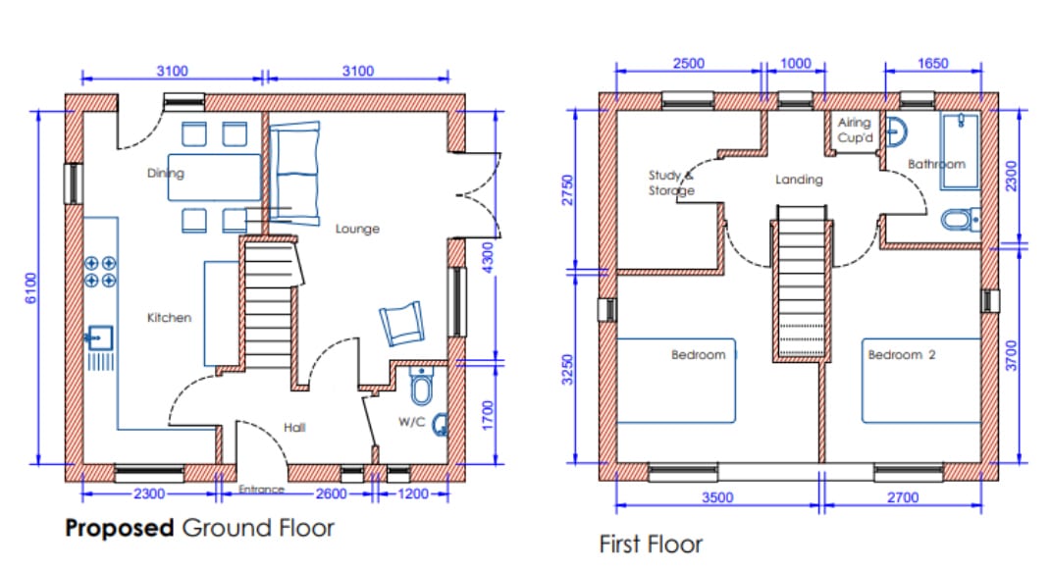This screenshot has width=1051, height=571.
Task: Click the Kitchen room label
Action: (x=169, y=318)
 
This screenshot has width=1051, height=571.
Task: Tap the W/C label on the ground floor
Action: (x=411, y=422)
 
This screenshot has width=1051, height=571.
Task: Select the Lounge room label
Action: (x=357, y=229)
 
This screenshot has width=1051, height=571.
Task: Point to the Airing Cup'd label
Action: (x=855, y=130)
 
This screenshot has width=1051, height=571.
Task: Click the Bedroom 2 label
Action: (x=902, y=354)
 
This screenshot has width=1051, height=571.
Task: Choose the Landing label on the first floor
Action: (x=799, y=180)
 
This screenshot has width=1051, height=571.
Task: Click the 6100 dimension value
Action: (x=30, y=288)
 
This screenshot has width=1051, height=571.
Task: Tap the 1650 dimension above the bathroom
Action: (x=933, y=63)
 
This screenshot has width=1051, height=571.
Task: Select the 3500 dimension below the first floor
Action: (x=717, y=497)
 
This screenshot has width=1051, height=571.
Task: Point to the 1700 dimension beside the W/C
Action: (x=488, y=416)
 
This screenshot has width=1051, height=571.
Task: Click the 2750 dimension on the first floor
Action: (x=568, y=190)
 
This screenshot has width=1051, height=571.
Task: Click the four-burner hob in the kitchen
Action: (x=100, y=272)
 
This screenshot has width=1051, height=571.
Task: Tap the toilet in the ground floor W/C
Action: (x=421, y=386)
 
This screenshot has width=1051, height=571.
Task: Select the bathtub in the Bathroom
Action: (x=960, y=151)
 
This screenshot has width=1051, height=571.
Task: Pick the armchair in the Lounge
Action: (x=401, y=323)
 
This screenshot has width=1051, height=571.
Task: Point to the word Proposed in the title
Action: (x=120, y=528)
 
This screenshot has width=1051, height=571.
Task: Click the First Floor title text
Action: (x=651, y=545)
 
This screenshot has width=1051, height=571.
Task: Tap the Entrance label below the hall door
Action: (x=261, y=490)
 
